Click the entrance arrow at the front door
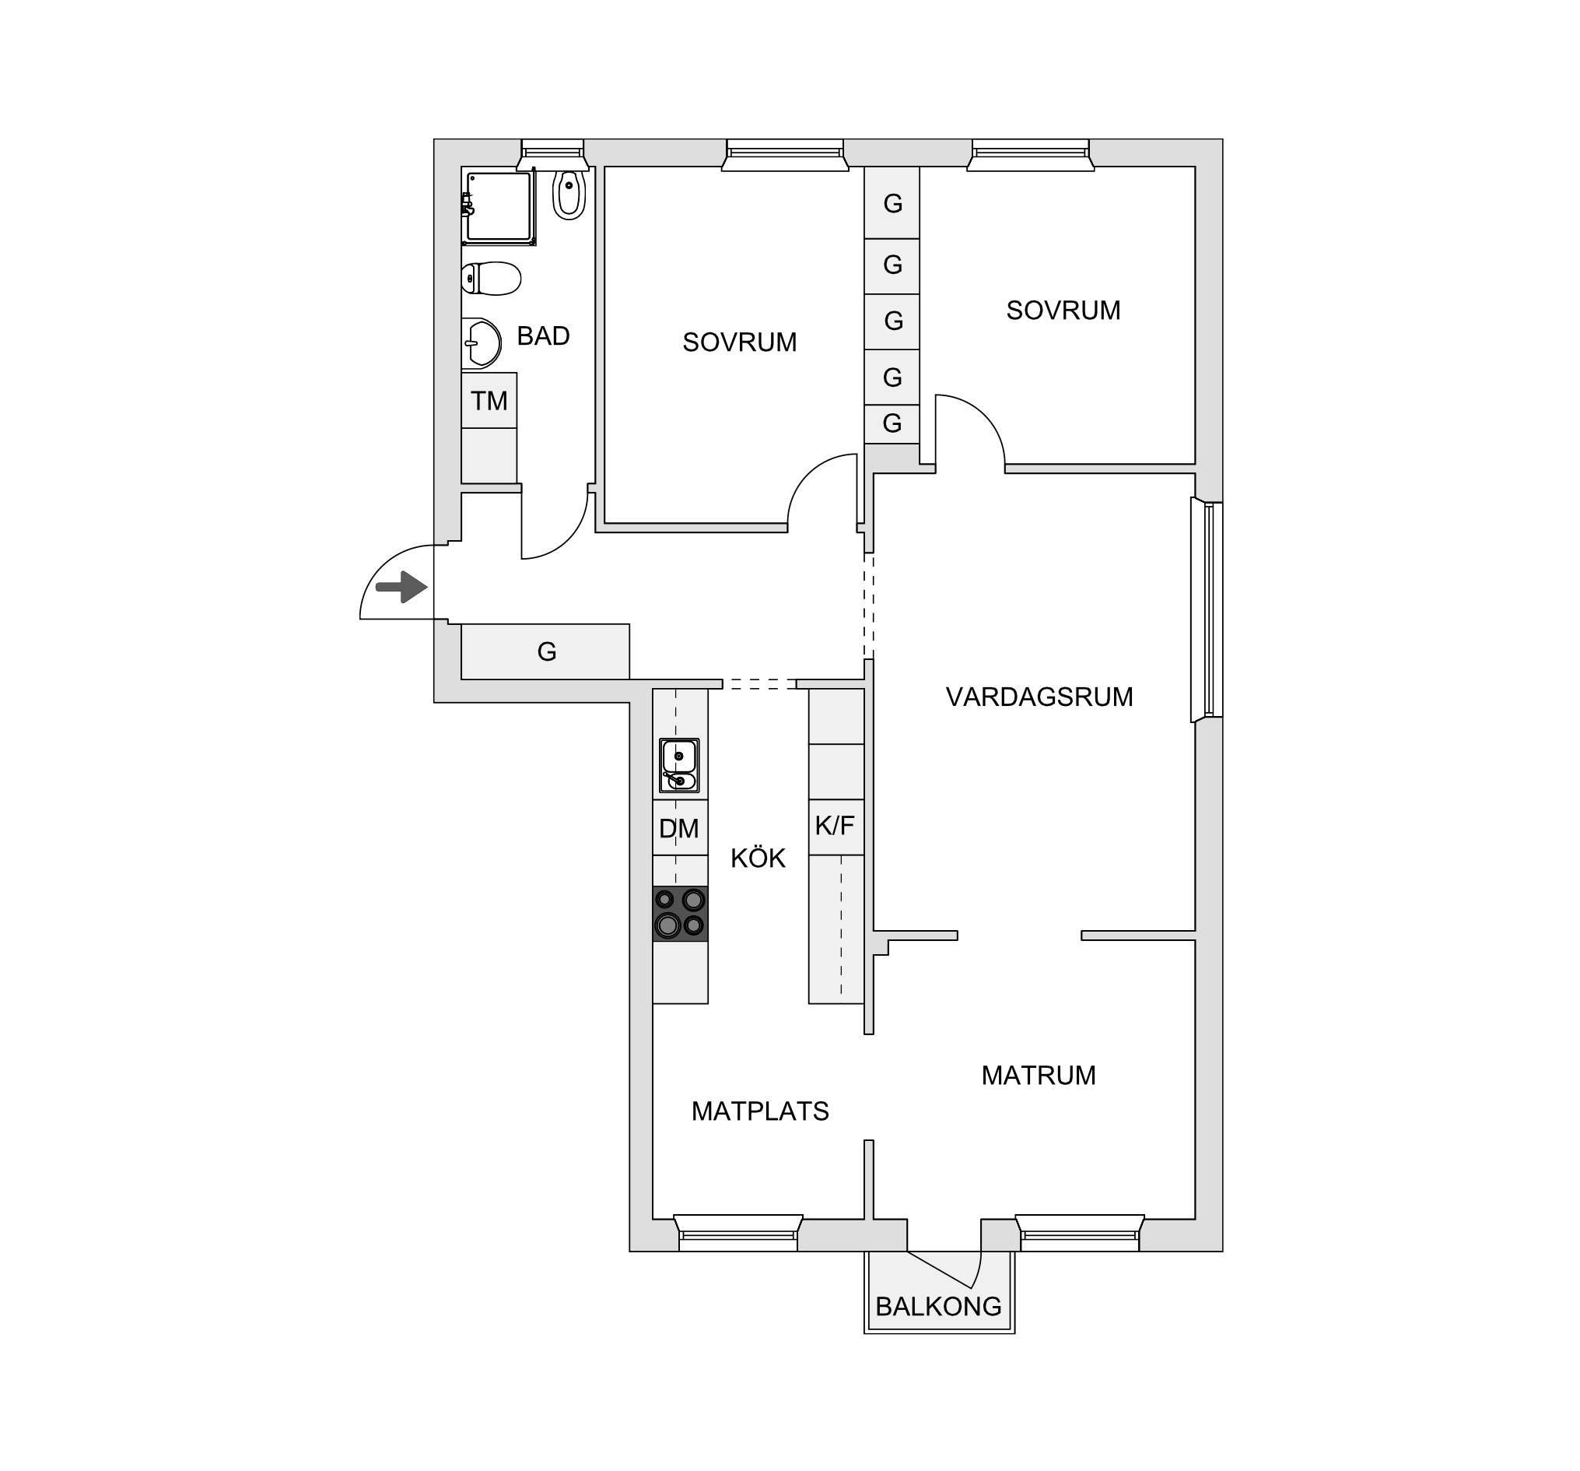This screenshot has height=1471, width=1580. pos(402,588)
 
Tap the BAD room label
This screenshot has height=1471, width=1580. pos(544,336)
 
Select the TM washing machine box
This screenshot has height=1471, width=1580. pos(489,400)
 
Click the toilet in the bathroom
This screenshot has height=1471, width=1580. pos(490,279)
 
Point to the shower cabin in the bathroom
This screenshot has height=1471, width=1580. pos(499,206)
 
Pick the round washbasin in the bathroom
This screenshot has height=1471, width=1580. pos(481,343)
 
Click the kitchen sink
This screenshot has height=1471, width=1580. pos(678,766)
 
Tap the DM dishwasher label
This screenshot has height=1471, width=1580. pos(678,829)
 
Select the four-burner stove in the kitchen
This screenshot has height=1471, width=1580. pos(681,913)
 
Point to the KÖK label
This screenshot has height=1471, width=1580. pos(758,858)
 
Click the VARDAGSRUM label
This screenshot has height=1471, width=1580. pos(1039,697)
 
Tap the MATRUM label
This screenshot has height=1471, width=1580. pos(1039,1075)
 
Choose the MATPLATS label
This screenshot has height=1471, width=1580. pos(761,1111)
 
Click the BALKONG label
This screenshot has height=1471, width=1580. pos(939,1306)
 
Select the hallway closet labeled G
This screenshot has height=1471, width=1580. pos(545,651)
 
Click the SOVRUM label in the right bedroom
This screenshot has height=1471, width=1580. pos(1063,310)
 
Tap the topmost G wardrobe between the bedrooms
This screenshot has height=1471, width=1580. pos(892,203)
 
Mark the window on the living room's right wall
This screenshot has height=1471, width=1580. pos(1207,610)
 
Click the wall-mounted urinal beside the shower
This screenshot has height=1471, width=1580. pos(569,193)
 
